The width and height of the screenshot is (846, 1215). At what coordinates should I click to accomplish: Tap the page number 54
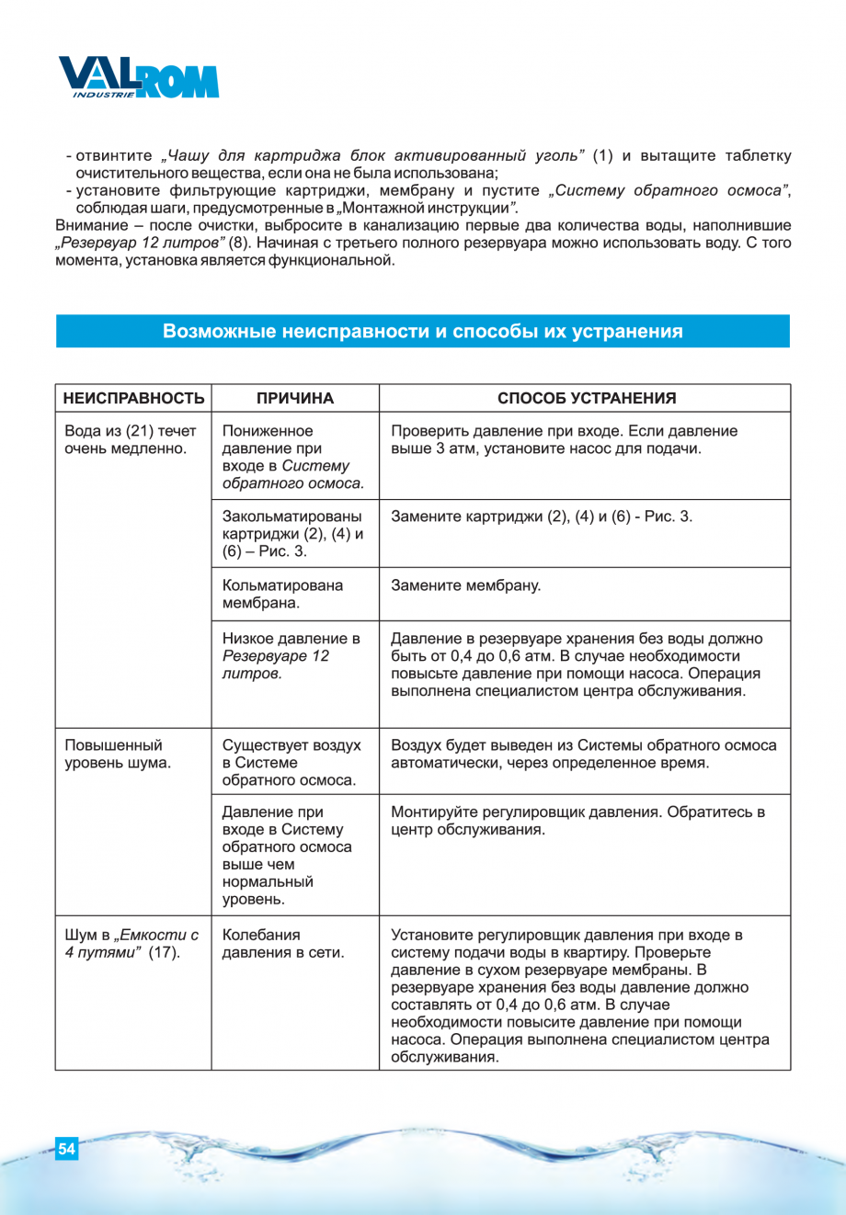[66, 1148]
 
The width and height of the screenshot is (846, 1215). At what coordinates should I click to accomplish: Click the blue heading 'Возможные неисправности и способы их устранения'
[422, 331]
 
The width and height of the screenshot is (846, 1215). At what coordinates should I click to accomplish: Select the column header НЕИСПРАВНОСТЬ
[133, 398]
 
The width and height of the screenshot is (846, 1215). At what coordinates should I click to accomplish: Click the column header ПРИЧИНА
[295, 398]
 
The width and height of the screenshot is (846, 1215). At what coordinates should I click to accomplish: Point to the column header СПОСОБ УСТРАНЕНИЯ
[586, 398]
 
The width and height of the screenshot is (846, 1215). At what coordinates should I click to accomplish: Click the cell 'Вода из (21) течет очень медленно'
[131, 439]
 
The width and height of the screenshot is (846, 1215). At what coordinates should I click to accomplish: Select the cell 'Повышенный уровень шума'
[118, 754]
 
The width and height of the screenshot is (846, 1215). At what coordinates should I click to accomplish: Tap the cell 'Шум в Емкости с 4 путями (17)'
[131, 944]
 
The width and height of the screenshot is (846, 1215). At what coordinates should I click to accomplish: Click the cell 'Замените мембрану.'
[466, 585]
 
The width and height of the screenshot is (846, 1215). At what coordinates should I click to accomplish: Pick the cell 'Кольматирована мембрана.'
[282, 594]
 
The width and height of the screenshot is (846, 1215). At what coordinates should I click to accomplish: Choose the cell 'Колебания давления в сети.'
[282, 944]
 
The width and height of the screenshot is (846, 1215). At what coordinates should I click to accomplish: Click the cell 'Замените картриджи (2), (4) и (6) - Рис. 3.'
[542, 517]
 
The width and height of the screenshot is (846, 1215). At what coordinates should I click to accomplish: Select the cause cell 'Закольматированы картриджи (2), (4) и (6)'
[292, 533]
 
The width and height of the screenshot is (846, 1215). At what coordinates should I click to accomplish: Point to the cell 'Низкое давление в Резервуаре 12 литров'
[291, 655]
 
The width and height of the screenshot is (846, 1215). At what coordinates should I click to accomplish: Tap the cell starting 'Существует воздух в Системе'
[292, 762]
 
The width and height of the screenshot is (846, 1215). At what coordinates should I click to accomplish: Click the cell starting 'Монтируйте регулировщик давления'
[577, 821]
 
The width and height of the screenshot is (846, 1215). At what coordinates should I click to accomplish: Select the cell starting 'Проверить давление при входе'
[564, 439]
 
